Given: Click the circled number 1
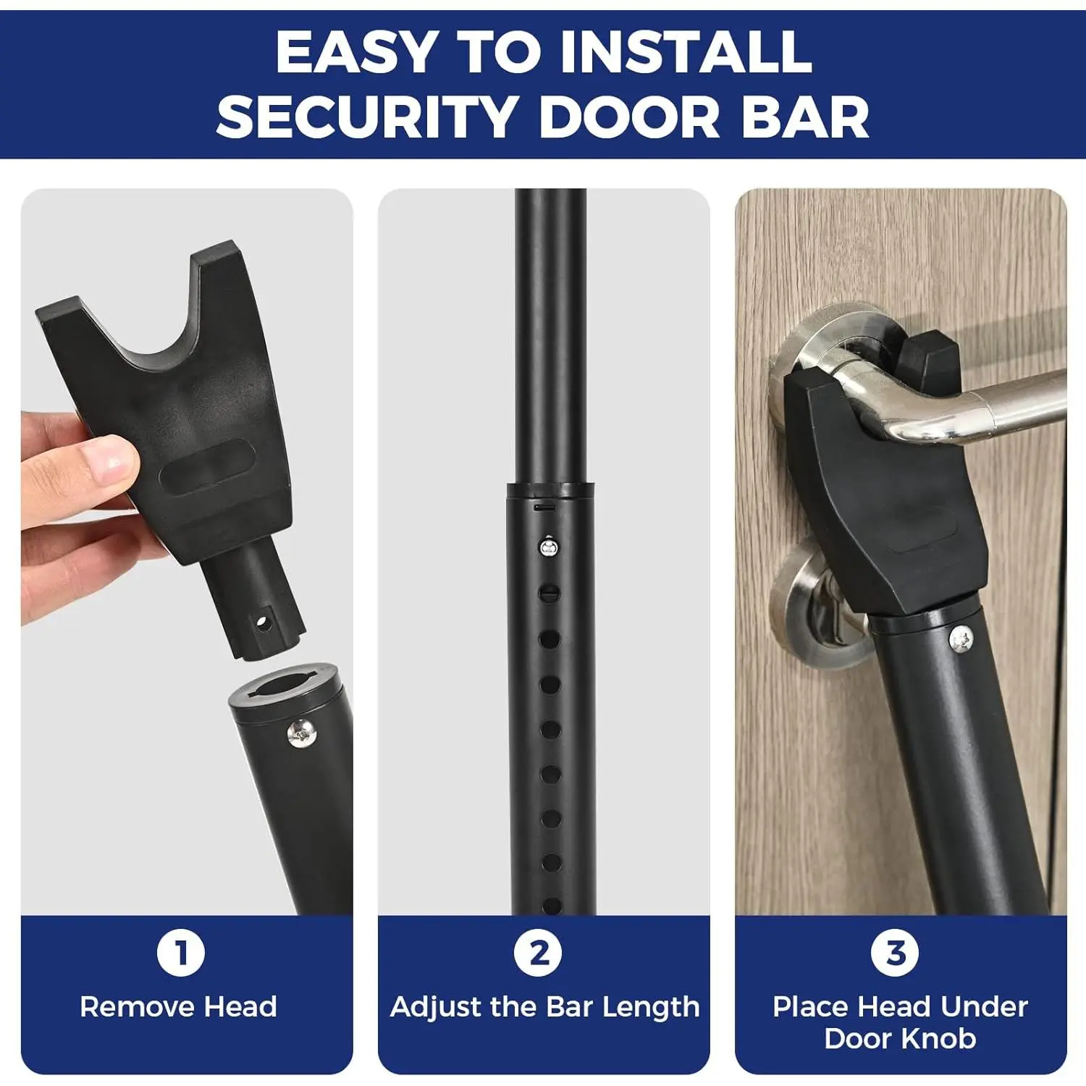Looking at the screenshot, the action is click(x=181, y=953).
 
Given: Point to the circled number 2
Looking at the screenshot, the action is click(x=539, y=953).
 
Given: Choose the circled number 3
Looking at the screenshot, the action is click(x=896, y=953).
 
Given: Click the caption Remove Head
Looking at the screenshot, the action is click(x=179, y=1007).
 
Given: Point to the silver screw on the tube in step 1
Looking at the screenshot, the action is click(x=301, y=733).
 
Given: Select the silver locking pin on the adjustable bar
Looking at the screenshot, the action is click(x=550, y=546).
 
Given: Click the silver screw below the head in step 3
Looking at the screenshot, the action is click(x=961, y=639).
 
